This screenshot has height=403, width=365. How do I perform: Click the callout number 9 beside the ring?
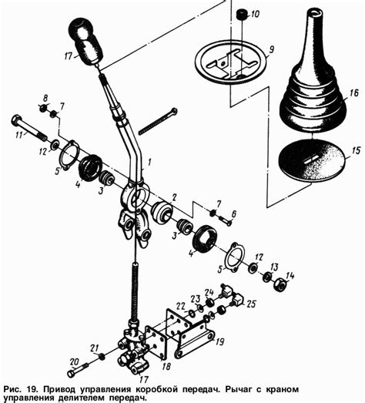[x=272, y=49]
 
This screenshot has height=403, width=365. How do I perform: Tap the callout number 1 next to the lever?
[x=149, y=162]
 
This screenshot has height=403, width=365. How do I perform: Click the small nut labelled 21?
[x=102, y=357]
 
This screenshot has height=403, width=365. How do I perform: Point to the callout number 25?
[x=251, y=304]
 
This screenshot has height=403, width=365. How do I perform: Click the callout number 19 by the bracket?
[x=219, y=341]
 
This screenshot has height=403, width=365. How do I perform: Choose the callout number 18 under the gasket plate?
[x=166, y=366]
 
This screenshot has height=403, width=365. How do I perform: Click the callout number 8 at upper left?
[x=45, y=98]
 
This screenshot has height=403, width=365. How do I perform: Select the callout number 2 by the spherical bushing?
[x=174, y=197]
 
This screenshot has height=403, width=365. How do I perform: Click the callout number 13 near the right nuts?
[x=274, y=267]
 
